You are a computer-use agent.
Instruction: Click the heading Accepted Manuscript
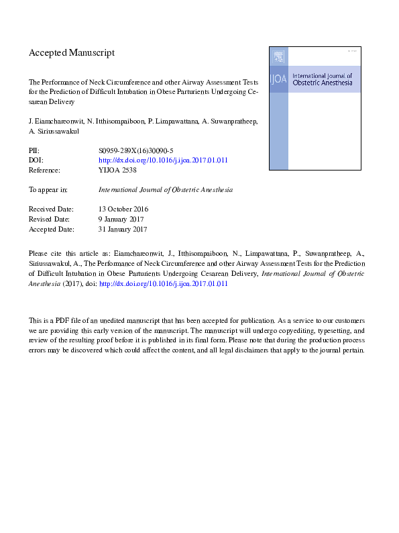click(x=72, y=52)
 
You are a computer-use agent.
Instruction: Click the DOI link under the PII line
click(x=164, y=160)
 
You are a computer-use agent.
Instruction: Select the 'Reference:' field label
click(x=46, y=170)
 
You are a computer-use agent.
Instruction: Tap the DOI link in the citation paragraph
click(x=164, y=284)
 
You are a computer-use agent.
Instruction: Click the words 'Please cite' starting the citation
click(x=45, y=254)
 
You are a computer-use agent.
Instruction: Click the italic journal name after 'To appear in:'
click(x=166, y=190)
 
